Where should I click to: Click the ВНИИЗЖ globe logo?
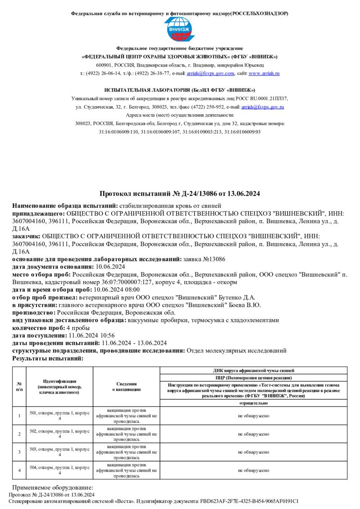[x=180, y=29]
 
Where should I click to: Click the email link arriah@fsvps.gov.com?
[x=211, y=73]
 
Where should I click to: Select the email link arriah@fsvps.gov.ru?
[x=262, y=107]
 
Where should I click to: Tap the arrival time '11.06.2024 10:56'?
[x=85, y=335]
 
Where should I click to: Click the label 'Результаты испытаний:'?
[x=48, y=358]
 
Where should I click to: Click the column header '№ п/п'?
[x=19, y=387]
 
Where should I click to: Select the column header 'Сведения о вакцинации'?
[x=126, y=387]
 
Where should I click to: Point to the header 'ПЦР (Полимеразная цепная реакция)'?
[x=254, y=378]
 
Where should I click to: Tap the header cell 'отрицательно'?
[x=254, y=403]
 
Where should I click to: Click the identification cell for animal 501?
[x=59, y=415]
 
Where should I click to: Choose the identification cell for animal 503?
[x=59, y=451]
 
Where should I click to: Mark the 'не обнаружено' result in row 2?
[x=254, y=434]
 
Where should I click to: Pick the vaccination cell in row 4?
[x=126, y=470]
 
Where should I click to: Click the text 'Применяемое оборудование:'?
[x=52, y=488]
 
